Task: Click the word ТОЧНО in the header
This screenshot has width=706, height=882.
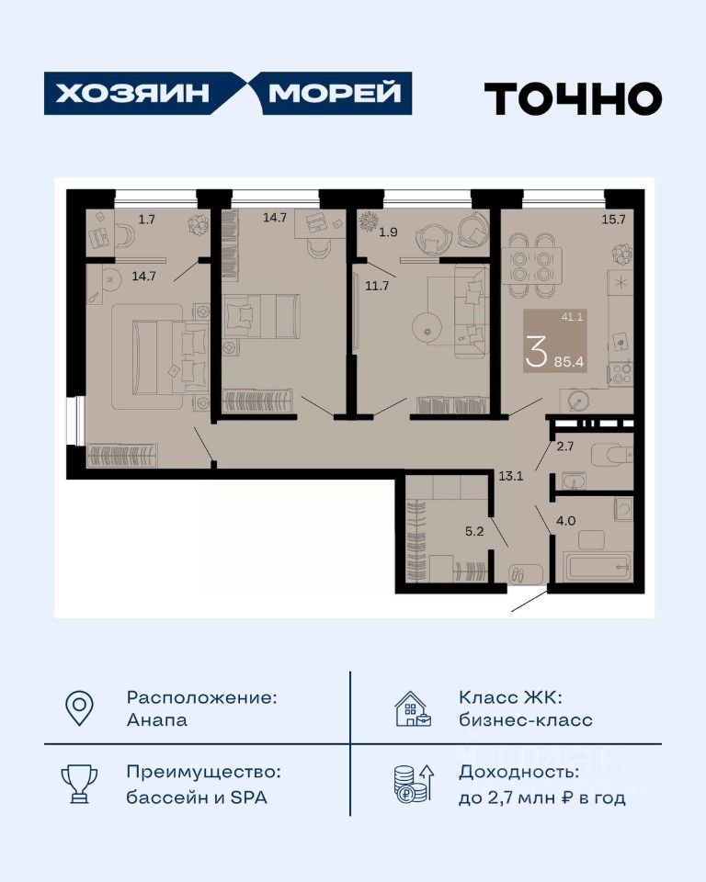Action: (573, 98)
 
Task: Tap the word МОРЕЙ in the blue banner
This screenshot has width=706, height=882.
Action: (335, 94)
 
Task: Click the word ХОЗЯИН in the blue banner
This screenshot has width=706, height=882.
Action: (132, 94)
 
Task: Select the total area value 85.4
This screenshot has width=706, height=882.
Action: (569, 362)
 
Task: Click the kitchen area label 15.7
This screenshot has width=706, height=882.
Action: (614, 220)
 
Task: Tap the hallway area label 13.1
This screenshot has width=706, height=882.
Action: (510, 476)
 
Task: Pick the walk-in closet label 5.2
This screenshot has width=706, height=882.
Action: (474, 531)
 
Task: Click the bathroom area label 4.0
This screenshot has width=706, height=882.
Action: (566, 521)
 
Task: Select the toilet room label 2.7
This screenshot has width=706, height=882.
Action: (564, 447)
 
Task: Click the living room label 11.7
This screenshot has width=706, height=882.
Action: (377, 286)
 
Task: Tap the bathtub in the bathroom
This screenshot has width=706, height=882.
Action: (598, 567)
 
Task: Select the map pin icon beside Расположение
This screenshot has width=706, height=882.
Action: (79, 707)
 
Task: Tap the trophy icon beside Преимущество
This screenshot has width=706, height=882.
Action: (79, 784)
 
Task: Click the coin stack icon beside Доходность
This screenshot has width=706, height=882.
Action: (414, 784)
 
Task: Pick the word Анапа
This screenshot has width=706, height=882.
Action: (157, 720)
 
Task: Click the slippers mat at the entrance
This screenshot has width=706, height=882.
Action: (526, 574)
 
